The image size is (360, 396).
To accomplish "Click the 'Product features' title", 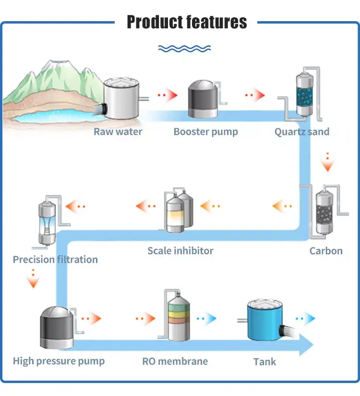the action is click(x=187, y=22).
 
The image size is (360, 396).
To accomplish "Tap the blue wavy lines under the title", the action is click(x=184, y=49).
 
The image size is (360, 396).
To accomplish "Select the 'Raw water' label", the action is click(x=118, y=132).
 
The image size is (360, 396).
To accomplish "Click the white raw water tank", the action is click(x=121, y=99).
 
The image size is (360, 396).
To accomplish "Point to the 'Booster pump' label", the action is click(x=205, y=132).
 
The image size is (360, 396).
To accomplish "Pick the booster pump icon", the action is click(x=203, y=99).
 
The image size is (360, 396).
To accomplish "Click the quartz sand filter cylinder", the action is click(x=304, y=94).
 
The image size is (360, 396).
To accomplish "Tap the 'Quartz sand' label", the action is click(x=302, y=132).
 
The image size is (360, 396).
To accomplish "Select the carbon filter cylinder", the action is click(x=324, y=212).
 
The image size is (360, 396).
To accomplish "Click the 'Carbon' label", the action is click(x=326, y=251).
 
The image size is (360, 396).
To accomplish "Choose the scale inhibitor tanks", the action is click(x=180, y=211).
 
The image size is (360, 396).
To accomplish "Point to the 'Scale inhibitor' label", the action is click(x=180, y=251).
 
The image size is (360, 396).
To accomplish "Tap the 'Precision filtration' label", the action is click(x=55, y=260).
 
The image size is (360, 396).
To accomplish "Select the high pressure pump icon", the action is click(x=57, y=328).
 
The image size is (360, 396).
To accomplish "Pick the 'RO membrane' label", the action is click(x=175, y=361).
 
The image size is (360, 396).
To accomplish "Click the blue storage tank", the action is click(x=264, y=320).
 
